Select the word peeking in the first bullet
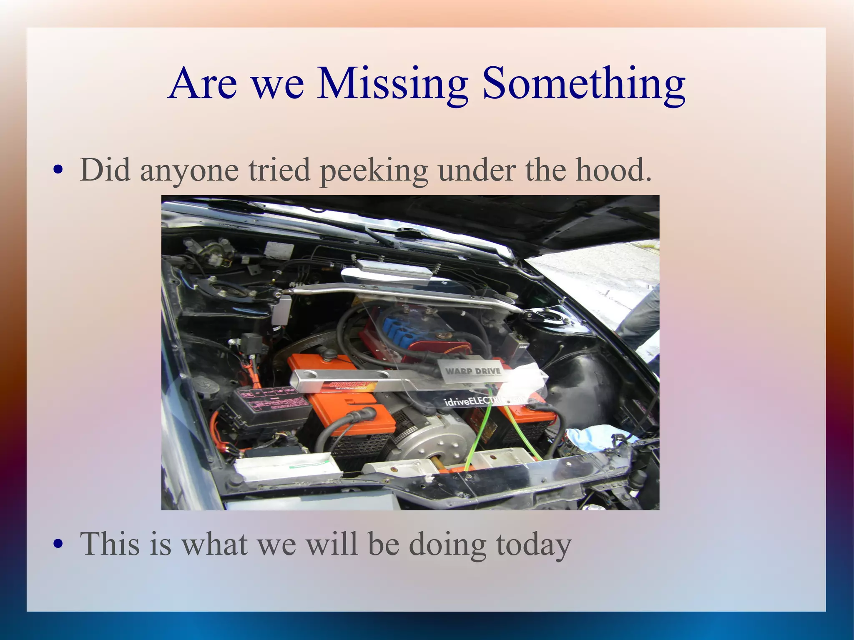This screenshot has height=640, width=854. click(374, 171)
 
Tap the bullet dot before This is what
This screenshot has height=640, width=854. click(59, 544)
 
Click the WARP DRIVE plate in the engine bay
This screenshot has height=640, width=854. click(472, 371)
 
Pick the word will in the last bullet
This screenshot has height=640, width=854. click(332, 544)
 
